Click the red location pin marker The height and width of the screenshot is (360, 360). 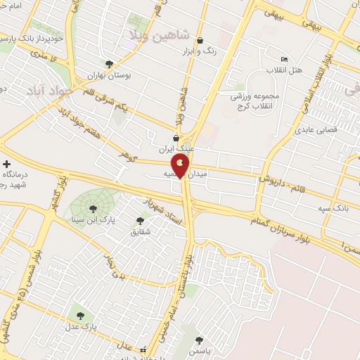point(181,165)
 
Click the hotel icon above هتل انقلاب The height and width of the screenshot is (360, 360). point(284,60)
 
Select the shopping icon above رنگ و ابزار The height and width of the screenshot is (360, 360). point(201,40)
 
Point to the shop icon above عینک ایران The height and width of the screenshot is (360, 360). point(176,139)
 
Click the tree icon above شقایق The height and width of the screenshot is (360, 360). point(141,220)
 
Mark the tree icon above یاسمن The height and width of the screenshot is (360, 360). point(200,340)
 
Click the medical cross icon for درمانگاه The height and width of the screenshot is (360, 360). point(6,164)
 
